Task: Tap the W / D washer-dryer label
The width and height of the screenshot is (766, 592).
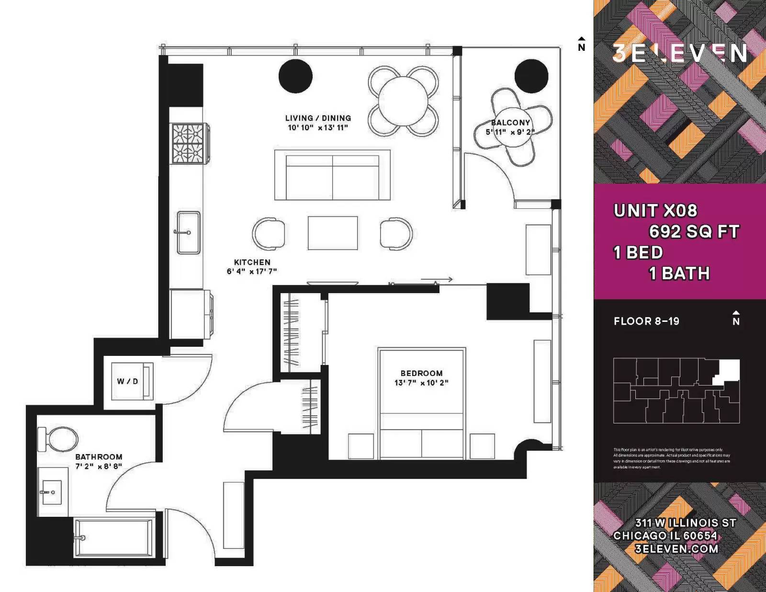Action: pyautogui.click(x=127, y=381)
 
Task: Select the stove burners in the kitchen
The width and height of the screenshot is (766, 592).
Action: pyautogui.click(x=189, y=143)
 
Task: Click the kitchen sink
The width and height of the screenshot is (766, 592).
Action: pyautogui.click(x=188, y=232)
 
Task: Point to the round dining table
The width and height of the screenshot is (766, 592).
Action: pyautogui.click(x=403, y=101)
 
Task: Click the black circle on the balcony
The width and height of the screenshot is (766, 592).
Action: pyautogui.click(x=531, y=76)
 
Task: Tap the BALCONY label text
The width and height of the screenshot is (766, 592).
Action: pyautogui.click(x=511, y=123)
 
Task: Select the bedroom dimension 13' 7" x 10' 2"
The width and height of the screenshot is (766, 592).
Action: pyautogui.click(x=421, y=383)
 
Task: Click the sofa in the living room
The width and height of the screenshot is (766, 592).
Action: pyautogui.click(x=332, y=175)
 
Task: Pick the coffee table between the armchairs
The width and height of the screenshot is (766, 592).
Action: pyautogui.click(x=333, y=233)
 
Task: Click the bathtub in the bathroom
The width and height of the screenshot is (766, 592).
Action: pyautogui.click(x=114, y=537)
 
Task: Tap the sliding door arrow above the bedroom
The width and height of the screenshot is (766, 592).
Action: pyautogui.click(x=437, y=279)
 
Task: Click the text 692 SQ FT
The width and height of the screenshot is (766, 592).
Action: pyautogui.click(x=694, y=232)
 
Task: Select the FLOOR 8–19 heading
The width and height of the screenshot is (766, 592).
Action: pyautogui.click(x=646, y=321)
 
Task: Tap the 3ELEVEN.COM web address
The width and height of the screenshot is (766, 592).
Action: pyautogui.click(x=676, y=549)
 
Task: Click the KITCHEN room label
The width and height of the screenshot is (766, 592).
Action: pyautogui.click(x=252, y=262)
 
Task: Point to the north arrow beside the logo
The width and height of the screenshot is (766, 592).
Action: pyautogui.click(x=581, y=44)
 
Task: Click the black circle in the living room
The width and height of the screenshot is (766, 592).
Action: pyautogui.click(x=295, y=76)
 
